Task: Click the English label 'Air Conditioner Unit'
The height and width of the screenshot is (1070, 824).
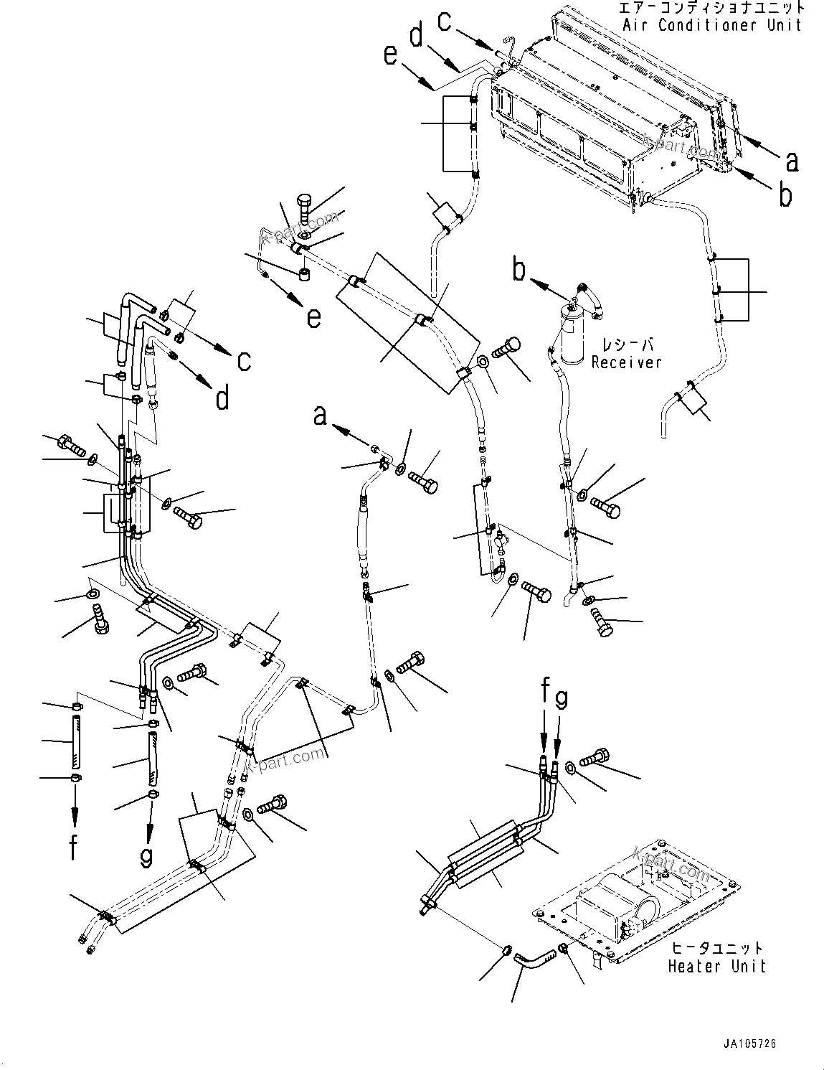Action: [711, 25]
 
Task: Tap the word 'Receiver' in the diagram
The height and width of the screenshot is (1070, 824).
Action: [626, 362]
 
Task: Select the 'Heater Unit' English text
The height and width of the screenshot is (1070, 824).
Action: [716, 966]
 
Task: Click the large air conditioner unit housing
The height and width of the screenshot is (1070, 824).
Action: [610, 115]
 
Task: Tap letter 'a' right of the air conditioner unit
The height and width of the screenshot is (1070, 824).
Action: [791, 161]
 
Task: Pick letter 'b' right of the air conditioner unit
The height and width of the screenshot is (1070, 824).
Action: [786, 195]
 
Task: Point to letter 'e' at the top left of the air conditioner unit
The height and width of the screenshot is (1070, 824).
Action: [390, 55]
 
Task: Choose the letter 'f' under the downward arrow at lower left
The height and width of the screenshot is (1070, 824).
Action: [74, 846]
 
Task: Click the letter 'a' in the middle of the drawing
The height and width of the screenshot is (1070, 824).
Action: [320, 414]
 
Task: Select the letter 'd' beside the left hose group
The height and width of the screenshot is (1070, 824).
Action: [222, 396]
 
